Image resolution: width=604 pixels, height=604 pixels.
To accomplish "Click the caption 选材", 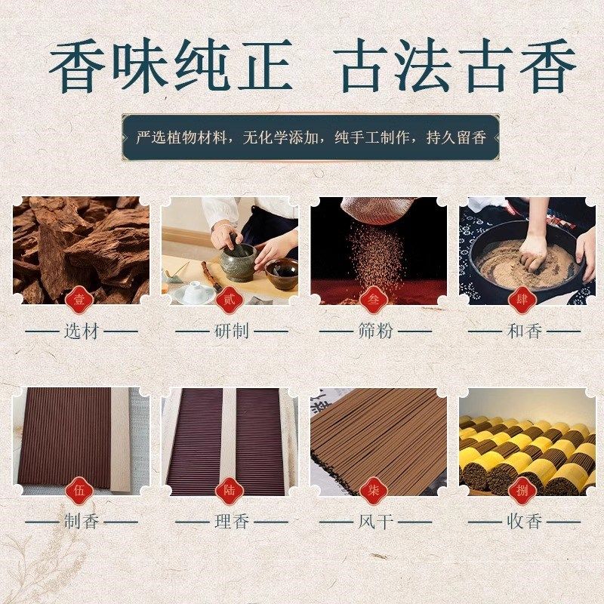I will click(x=82, y=331).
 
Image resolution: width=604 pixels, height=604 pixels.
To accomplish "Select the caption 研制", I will click(x=231, y=331).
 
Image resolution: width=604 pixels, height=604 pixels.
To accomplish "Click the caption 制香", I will click(x=82, y=522).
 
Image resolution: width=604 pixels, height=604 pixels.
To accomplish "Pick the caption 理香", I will click(x=231, y=522).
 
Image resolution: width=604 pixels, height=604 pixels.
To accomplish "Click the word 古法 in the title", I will click(x=398, y=66).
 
